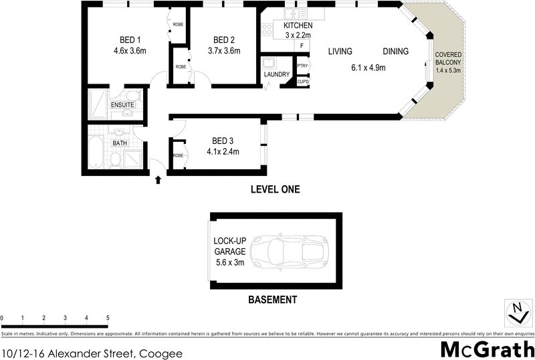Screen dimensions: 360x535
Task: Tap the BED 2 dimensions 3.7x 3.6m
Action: pos(224,50)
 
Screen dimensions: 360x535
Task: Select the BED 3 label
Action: pos(223,141)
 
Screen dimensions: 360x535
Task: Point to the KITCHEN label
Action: pos(298,25)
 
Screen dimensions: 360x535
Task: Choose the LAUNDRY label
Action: pos(276,74)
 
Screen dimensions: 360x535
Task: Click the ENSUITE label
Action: pos(123,105)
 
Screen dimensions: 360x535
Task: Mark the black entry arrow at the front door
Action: pos(158,179)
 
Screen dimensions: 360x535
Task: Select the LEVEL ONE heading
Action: pos(275,190)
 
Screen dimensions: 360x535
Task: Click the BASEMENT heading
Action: pos(272,300)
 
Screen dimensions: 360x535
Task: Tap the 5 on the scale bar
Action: pos(108,317)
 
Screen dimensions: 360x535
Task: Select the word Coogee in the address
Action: pos(160,351)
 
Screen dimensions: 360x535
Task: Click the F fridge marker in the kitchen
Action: pos(302,46)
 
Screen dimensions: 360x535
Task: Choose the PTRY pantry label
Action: pos(302,66)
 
